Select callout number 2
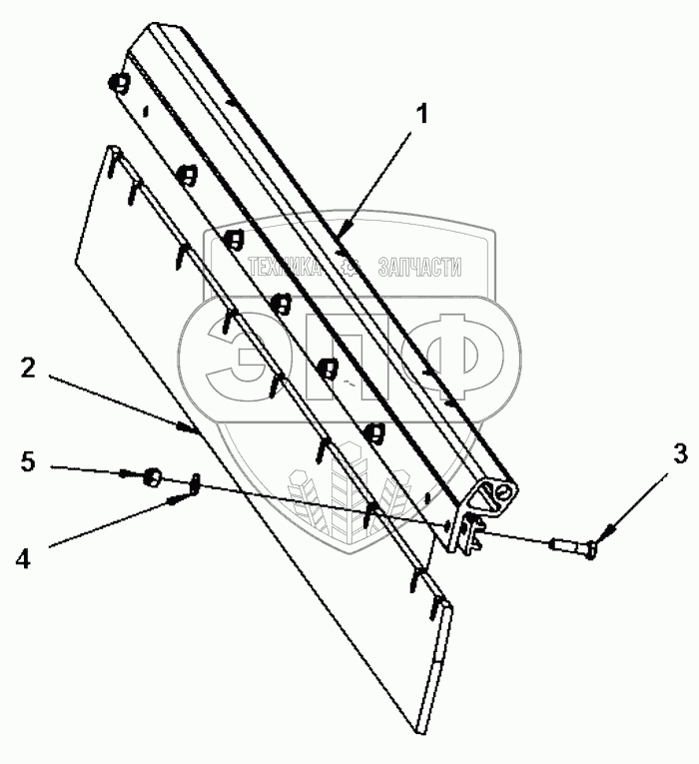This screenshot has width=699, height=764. (28, 370)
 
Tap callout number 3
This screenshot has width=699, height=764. (652, 453)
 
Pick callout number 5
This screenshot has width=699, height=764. (28, 461)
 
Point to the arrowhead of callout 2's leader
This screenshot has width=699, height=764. (190, 430)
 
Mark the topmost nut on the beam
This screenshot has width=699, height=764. (121, 84)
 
